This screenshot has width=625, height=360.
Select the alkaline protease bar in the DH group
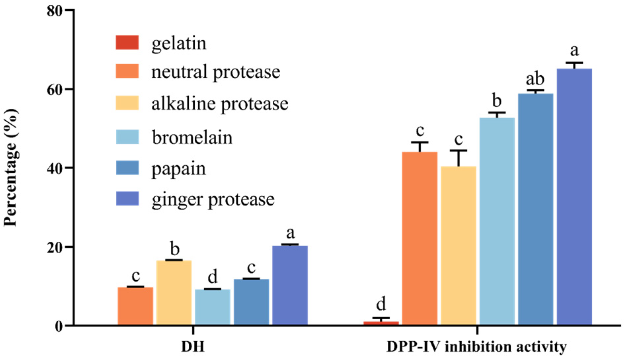[x=174, y=292]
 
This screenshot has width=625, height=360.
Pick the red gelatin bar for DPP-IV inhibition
[x=381, y=323]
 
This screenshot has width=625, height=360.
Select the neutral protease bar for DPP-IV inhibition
[x=419, y=238]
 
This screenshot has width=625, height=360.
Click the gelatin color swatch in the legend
[x=127, y=43]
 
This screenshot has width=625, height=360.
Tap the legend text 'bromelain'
[x=192, y=137]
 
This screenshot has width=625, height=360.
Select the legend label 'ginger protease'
[x=213, y=199]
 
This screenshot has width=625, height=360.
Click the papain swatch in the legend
[x=127, y=168]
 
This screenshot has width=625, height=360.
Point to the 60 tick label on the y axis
[x=55, y=90]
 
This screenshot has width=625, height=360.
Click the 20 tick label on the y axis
[x=55, y=247]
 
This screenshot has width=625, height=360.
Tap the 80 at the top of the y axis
[x=55, y=11]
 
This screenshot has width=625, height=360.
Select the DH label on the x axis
[x=193, y=347]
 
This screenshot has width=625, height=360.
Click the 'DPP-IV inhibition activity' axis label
[x=476, y=347]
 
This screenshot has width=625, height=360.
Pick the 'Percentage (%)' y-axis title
[x=11, y=168]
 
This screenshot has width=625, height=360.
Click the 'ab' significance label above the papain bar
[x=535, y=79]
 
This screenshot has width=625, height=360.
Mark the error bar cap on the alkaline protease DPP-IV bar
[x=458, y=150]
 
